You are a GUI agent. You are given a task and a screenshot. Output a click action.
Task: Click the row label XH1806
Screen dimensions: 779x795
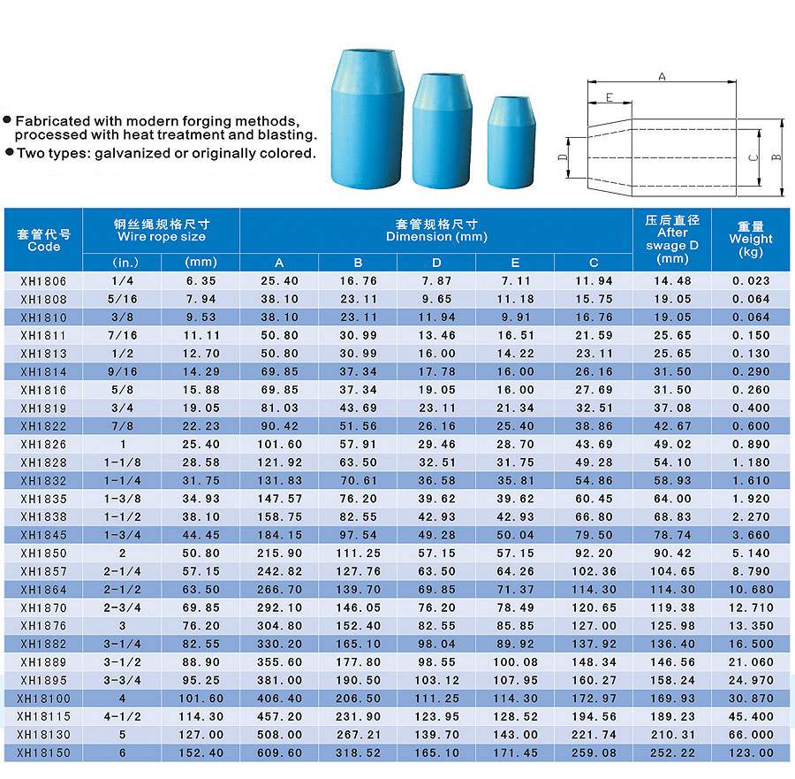(43, 280)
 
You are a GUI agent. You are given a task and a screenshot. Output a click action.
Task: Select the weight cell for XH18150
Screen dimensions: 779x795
(751, 753)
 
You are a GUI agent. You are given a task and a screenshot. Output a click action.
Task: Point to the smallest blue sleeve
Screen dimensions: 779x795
(512, 141)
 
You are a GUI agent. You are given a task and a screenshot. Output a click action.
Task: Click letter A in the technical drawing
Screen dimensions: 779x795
(662, 77)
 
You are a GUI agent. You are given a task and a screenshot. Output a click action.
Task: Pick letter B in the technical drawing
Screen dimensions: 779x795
(776, 157)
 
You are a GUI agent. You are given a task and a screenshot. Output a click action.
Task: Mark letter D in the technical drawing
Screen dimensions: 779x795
(562, 158)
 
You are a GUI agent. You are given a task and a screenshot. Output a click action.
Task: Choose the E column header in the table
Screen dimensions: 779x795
(515, 263)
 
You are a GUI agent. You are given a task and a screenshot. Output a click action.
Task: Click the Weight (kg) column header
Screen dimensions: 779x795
(751, 239)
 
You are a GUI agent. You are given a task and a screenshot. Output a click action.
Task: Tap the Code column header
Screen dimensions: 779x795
(43, 240)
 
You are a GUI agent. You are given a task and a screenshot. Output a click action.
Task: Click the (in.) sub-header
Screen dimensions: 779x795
(122, 263)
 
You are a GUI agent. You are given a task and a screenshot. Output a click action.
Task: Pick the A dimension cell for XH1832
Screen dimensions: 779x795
(279, 480)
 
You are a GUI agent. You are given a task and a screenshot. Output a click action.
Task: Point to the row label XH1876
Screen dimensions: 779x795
(43, 626)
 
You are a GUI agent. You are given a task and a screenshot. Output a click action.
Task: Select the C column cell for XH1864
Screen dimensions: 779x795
(594, 590)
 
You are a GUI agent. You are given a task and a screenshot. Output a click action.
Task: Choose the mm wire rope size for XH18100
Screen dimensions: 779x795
(201, 699)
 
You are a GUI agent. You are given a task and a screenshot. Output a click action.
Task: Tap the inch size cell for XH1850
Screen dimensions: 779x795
(122, 554)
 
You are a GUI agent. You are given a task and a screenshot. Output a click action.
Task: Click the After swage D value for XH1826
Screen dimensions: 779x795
(672, 444)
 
